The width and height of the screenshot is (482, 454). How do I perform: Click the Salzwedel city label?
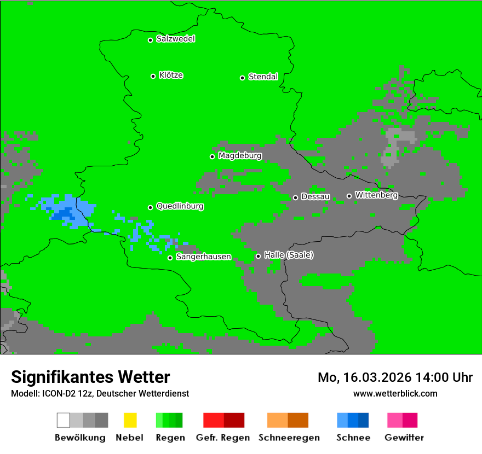(x=175, y=39)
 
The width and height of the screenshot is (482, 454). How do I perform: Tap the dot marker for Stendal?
(x=242, y=78)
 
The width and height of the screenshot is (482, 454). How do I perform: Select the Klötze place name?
(x=171, y=75)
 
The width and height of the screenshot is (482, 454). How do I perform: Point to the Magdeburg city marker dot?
(x=212, y=156)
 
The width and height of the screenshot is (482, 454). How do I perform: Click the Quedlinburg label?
(x=180, y=206)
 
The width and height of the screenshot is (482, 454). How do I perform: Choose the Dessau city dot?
(x=295, y=197)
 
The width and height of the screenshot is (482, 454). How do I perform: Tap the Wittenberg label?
(x=376, y=195)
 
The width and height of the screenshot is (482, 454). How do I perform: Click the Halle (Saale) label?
(x=289, y=255)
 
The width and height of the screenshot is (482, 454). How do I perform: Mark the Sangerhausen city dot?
(x=170, y=258)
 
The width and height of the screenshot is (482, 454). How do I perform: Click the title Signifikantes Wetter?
(x=90, y=377)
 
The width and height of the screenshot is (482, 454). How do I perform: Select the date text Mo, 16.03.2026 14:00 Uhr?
(x=395, y=377)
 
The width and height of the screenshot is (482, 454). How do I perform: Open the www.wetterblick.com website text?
(x=395, y=393)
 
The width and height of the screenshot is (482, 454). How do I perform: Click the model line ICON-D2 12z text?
(x=100, y=393)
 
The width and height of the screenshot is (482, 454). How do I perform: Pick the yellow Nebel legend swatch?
(x=130, y=420)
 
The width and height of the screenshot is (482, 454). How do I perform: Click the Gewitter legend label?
(x=404, y=438)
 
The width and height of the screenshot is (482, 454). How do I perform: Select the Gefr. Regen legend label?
(x=223, y=438)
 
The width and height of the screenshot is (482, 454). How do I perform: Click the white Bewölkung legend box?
(x=63, y=420)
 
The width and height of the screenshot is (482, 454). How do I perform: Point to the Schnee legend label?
(x=353, y=438)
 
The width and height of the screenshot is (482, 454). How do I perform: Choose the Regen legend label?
(x=169, y=438)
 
